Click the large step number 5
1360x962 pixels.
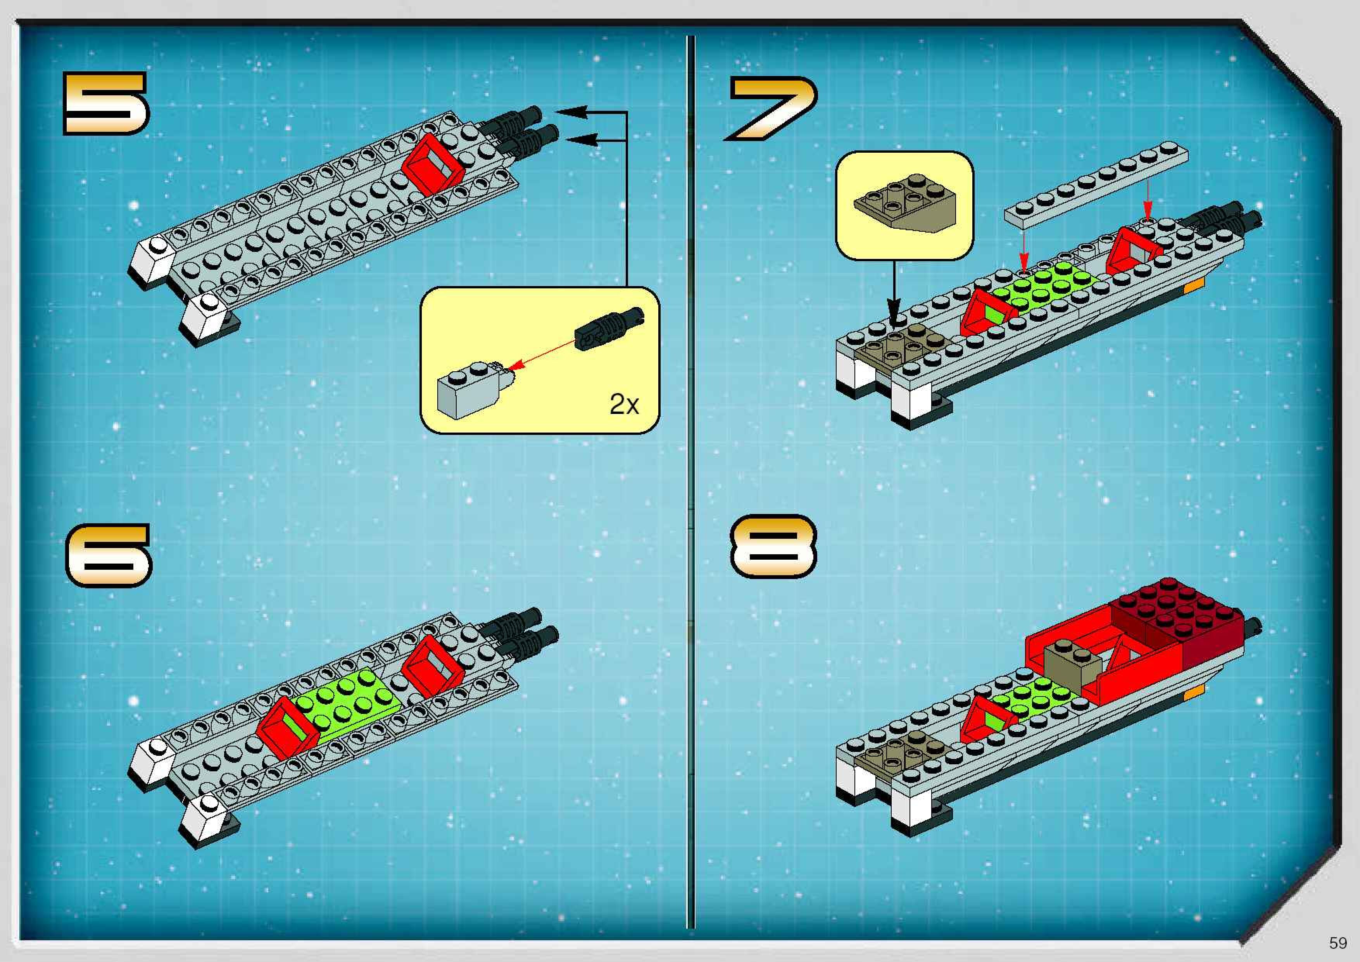click(105, 103)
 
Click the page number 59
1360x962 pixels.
click(1338, 943)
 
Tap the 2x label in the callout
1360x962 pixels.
click(624, 405)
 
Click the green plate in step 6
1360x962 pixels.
click(343, 702)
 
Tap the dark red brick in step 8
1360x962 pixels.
click(1179, 616)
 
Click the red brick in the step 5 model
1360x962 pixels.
click(432, 161)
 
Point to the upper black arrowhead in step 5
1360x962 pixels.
click(571, 112)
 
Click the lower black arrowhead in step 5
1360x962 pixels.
click(583, 140)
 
